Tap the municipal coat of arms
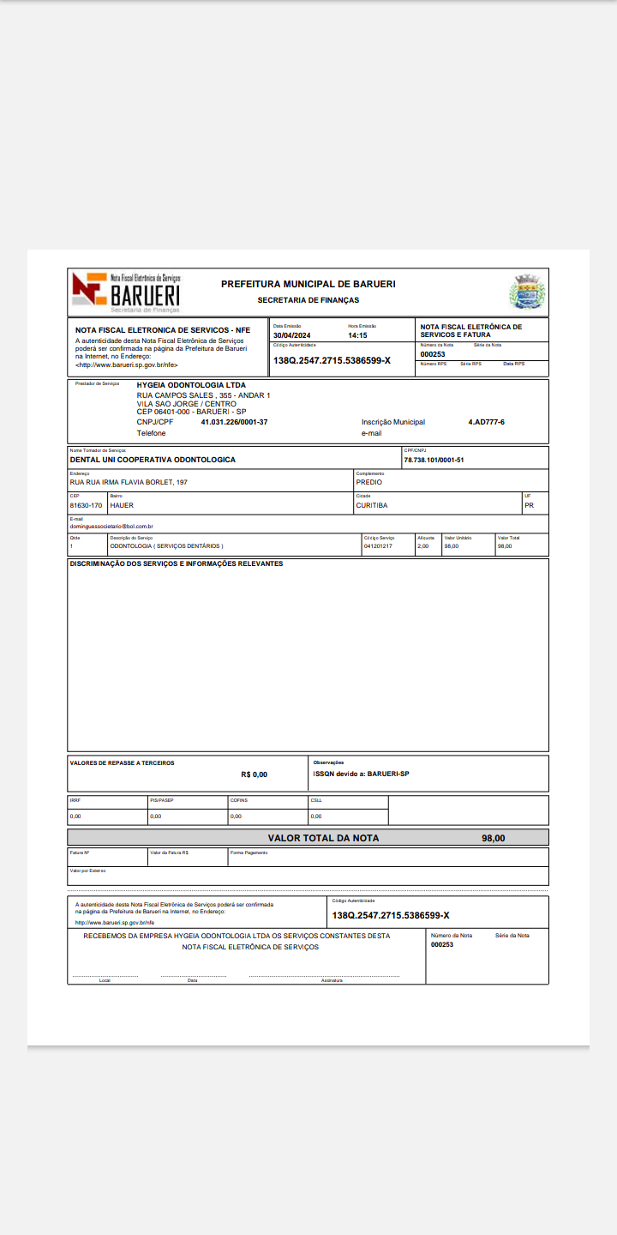click(527, 292)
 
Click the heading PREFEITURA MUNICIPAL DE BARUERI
click(308, 284)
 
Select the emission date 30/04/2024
click(292, 335)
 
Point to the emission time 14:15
click(357, 335)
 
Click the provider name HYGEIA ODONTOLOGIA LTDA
click(191, 385)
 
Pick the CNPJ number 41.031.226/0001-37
click(234, 422)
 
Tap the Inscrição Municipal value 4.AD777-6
click(486, 422)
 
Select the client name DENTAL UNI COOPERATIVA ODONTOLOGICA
click(153, 460)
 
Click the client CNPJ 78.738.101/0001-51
click(434, 460)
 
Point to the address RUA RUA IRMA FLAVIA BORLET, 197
click(129, 482)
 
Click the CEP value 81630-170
click(86, 505)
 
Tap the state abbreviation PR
click(529, 505)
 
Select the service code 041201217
click(378, 546)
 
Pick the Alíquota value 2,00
click(422, 546)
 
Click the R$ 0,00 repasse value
click(255, 774)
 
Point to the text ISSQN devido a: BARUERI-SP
click(361, 773)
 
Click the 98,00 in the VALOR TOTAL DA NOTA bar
click(494, 838)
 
